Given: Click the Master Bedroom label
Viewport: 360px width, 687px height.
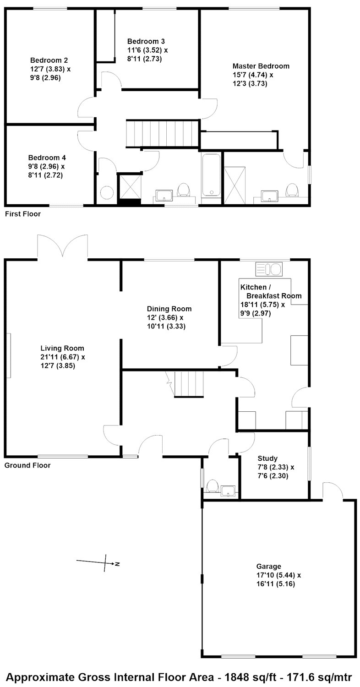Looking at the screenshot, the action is point(261,66).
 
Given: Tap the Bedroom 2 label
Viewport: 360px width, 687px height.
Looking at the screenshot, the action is point(49,60).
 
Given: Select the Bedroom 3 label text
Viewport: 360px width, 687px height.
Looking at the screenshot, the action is point(146,41).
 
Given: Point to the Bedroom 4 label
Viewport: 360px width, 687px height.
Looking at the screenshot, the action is point(47,158).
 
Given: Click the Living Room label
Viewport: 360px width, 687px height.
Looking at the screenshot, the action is point(62,348).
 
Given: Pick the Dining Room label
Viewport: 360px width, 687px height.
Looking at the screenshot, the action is point(169,309).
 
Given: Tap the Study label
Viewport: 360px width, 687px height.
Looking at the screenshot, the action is point(267,458).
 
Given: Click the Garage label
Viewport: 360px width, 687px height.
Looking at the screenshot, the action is point(268,567).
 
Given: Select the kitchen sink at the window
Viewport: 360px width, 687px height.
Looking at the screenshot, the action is point(269,269).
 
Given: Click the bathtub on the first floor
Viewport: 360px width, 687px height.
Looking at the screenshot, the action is point(211,175).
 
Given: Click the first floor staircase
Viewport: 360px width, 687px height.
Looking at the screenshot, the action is point(162,134).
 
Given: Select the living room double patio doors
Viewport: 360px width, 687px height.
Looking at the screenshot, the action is point(63,245).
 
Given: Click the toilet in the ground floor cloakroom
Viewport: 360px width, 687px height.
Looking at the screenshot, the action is point(212,486).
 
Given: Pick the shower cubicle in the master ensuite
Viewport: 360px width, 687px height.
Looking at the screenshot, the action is point(235,185).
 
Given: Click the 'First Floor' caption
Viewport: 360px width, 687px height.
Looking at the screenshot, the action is point(23,214).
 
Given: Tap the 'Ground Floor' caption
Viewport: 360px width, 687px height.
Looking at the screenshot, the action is point(27,465).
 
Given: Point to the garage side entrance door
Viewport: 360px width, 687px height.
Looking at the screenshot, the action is point(333,491).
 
